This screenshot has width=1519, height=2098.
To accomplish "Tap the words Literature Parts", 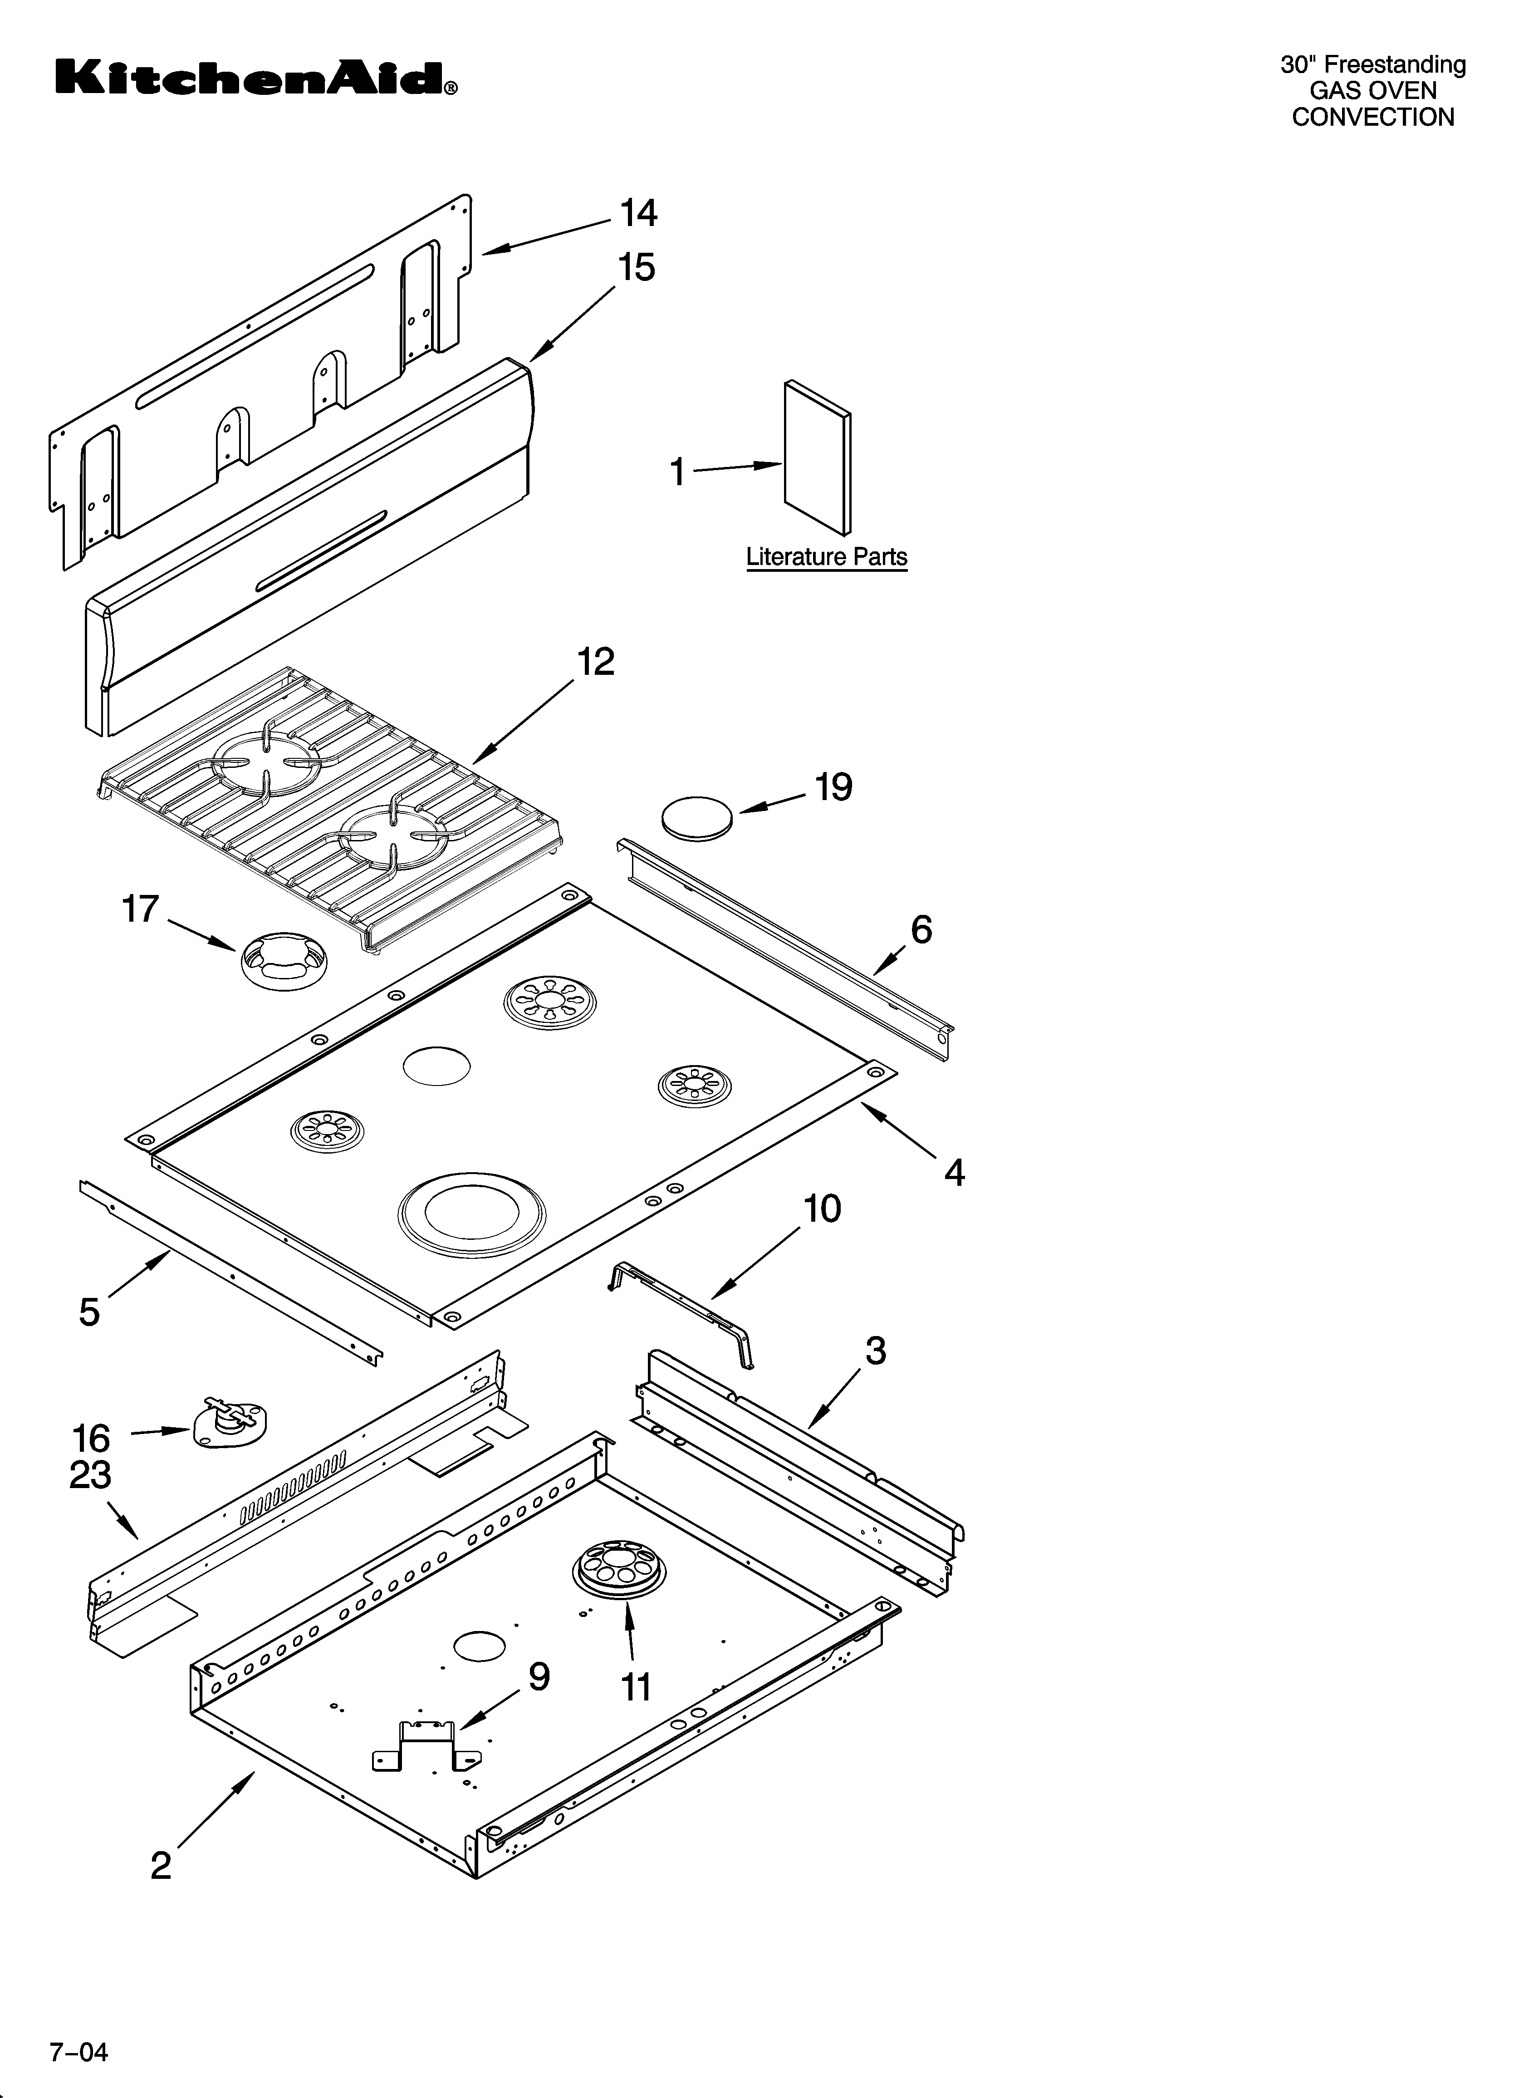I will click(826, 557).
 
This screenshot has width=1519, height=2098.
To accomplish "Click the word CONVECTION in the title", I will click(1373, 118).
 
